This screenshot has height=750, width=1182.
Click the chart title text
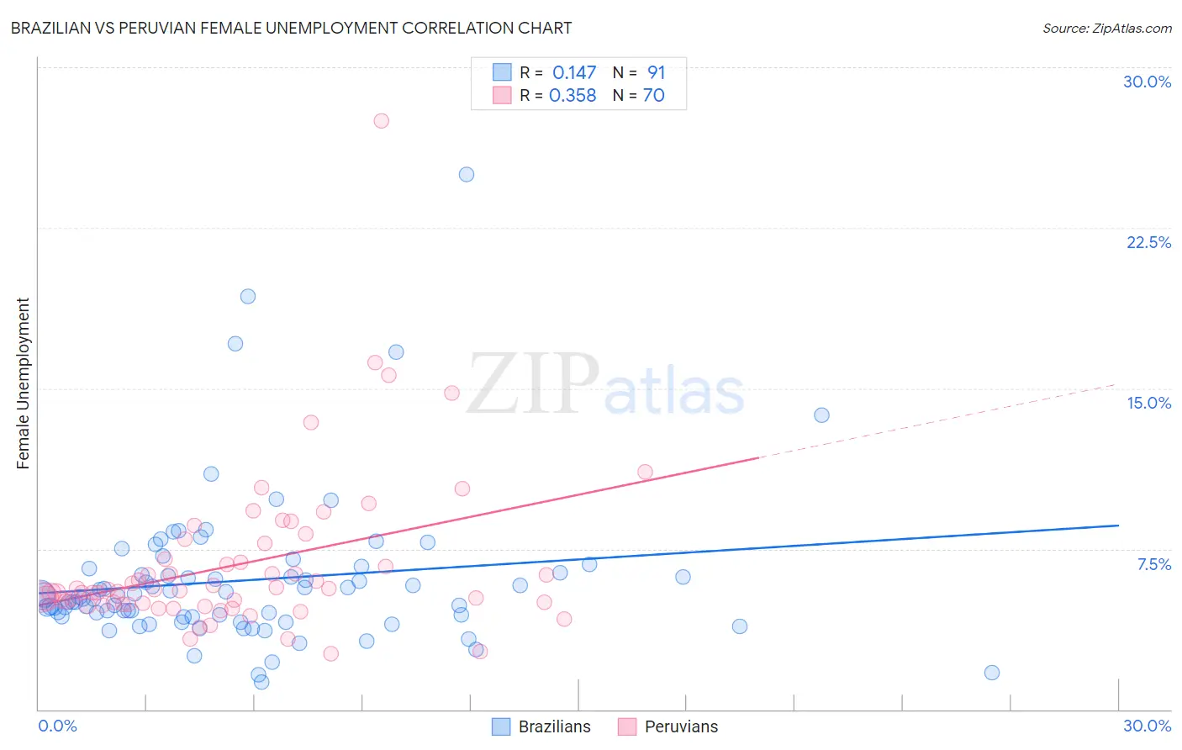(291, 28)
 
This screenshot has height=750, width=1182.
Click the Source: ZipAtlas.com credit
(1106, 28)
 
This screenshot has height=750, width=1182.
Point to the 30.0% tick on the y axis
(1147, 82)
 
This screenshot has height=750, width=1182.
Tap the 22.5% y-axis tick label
(1148, 242)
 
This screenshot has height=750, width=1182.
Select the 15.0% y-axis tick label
(1148, 403)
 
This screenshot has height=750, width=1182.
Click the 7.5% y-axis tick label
(1153, 564)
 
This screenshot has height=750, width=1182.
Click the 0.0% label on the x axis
(57, 726)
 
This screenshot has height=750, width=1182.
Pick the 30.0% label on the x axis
(1147, 726)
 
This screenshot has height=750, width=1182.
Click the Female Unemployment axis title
(23, 383)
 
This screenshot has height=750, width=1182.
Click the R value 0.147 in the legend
(573, 73)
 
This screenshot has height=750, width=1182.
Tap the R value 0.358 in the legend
(573, 96)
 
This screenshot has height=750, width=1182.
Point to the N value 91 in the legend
(656, 73)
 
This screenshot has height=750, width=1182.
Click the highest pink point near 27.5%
(381, 120)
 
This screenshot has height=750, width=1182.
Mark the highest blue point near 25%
(467, 174)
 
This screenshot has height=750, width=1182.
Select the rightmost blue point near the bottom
(992, 672)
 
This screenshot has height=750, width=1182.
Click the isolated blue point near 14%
(821, 415)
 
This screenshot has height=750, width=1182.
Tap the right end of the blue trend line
(1118, 525)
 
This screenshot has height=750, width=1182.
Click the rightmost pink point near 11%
(645, 472)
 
